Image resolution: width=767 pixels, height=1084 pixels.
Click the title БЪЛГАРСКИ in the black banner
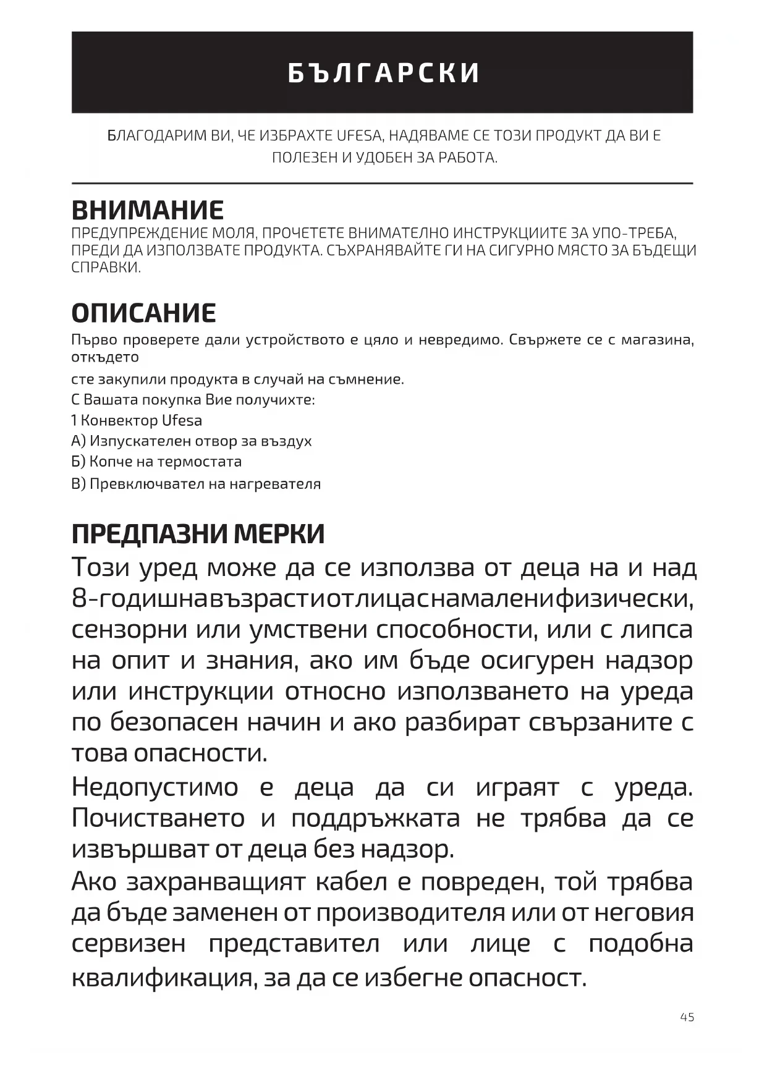[383, 73]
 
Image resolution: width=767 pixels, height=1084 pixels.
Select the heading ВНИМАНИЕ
[148, 211]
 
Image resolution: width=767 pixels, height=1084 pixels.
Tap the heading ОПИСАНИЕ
[144, 313]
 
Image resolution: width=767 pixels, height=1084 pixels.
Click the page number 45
[687, 1017]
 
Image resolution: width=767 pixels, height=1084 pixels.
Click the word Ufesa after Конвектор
[182, 421]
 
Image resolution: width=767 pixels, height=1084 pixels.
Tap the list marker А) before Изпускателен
[78, 441]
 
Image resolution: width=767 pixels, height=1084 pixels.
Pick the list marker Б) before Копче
[78, 462]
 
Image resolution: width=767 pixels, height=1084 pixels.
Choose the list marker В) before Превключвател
[78, 484]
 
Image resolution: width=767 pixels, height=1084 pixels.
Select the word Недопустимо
[155, 788]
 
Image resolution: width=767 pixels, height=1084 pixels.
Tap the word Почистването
[158, 819]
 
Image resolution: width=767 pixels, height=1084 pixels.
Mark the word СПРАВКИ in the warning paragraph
[106, 268]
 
